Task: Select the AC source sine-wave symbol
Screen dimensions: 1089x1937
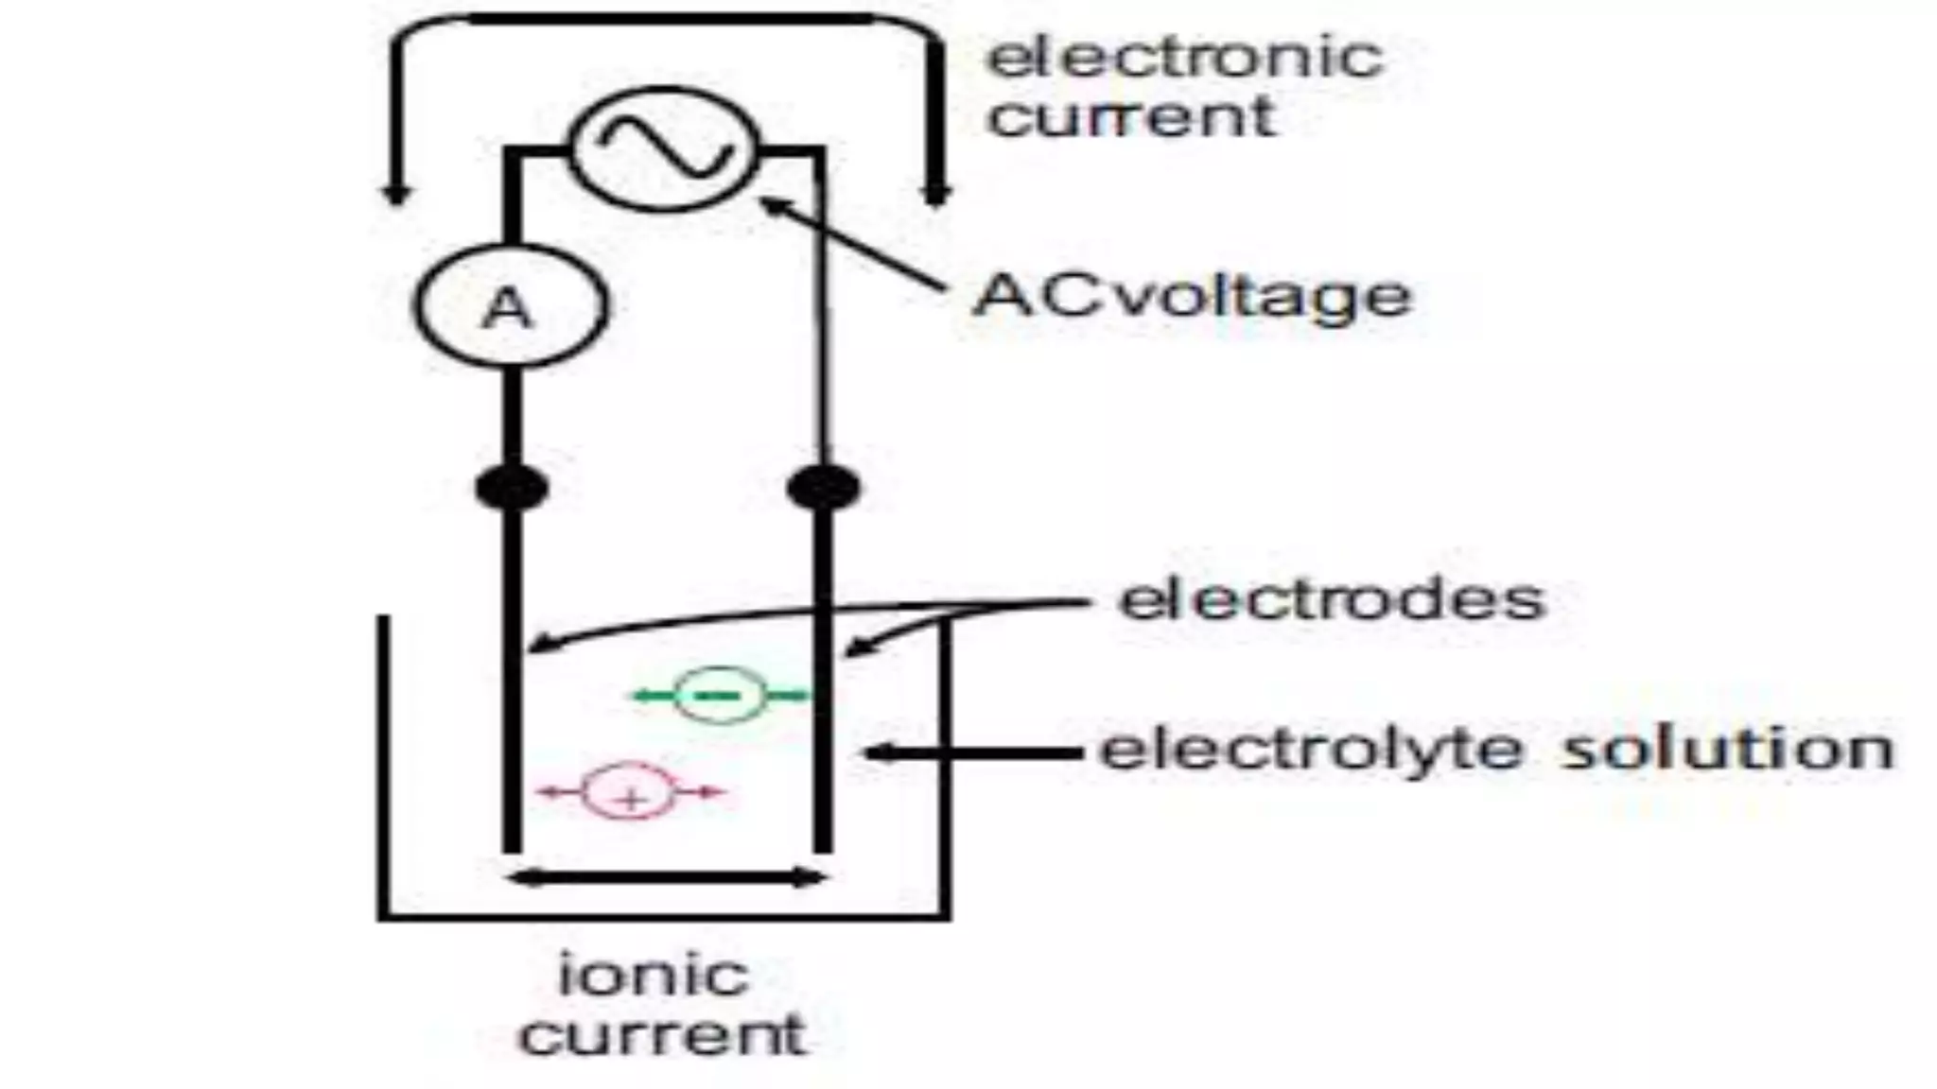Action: coord(664,148)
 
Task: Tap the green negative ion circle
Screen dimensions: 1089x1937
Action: coord(721,696)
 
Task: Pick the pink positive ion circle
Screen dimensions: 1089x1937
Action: coord(631,792)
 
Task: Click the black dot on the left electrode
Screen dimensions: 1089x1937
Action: coord(512,488)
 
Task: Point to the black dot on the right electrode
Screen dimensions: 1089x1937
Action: coord(824,488)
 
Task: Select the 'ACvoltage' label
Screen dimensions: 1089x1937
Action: coord(1192,295)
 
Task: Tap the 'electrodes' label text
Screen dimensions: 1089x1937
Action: coord(1332,599)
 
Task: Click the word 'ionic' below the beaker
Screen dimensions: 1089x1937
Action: coord(654,975)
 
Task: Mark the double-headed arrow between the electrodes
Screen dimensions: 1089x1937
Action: coord(667,879)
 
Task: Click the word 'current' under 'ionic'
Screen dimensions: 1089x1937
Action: coord(662,1035)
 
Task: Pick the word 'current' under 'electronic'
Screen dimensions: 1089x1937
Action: coord(1131,117)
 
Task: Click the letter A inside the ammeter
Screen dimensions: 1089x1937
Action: coord(508,307)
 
